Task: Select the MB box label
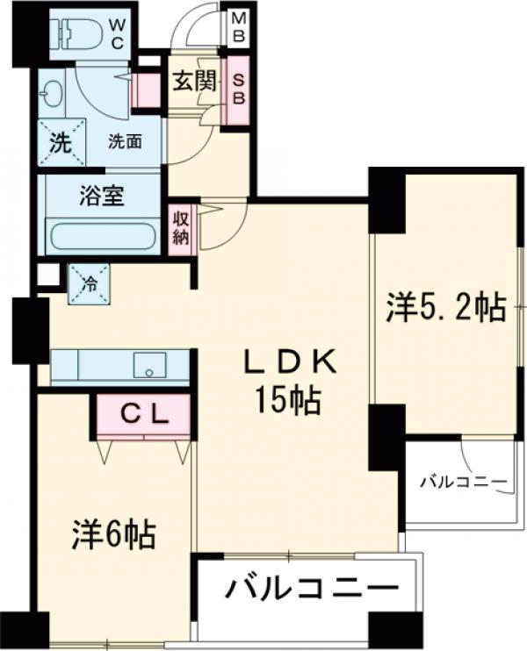pos(238,26)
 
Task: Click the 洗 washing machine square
pos(60,143)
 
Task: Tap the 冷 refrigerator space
pos(89,283)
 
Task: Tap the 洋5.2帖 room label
pos(445,308)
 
